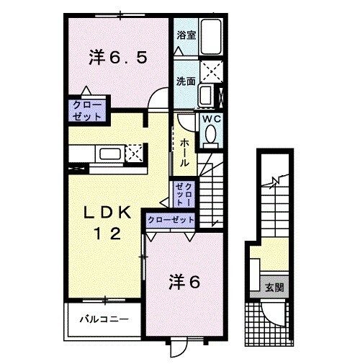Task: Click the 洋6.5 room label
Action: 119,58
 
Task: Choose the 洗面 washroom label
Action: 185,81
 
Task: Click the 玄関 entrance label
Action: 274,287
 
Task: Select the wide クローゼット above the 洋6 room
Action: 171,219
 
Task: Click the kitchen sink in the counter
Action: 110,153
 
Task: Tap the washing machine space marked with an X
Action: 211,72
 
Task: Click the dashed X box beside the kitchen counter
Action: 133,153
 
